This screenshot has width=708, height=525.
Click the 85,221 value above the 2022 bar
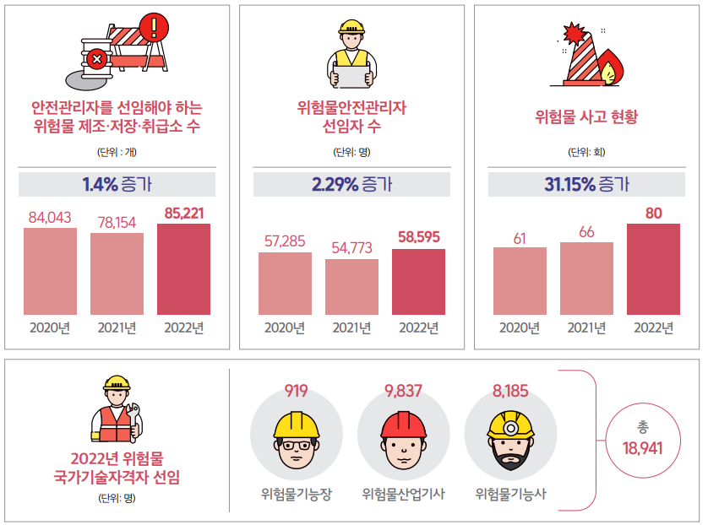183,213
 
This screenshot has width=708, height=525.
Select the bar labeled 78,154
117,273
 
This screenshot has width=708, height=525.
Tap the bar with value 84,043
50,271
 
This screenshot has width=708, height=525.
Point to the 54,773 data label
351,248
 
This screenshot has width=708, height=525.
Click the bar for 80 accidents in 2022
653,268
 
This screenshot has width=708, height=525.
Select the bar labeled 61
520,280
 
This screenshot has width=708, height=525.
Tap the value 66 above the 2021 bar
586,231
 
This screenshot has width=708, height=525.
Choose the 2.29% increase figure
335,184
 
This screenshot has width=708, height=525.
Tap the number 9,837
403,391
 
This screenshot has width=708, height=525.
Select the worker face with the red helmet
403,439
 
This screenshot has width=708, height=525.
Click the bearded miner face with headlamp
510,439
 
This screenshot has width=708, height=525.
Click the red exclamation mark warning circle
152,27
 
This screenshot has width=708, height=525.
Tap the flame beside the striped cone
610,68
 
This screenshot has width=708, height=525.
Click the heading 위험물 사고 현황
586,116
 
